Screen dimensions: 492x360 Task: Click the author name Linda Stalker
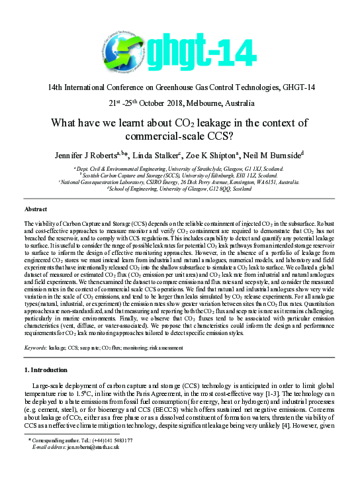168,155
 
